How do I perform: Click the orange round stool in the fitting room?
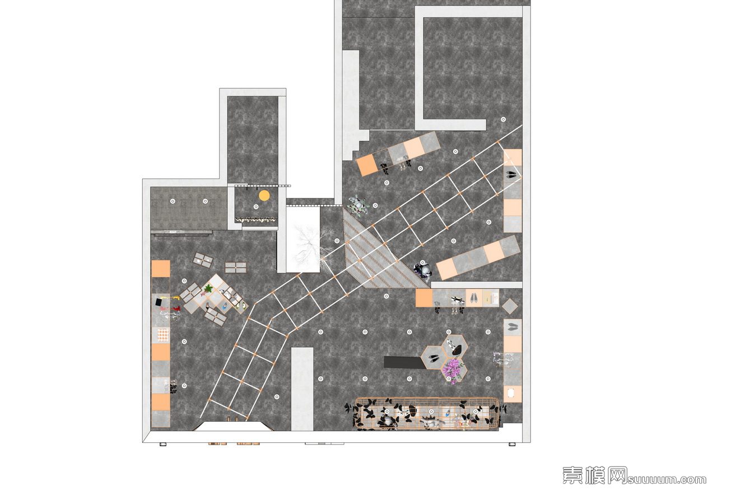264,196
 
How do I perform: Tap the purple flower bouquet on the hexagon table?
452,370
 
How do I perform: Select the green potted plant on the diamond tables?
208,289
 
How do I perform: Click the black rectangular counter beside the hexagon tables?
404,363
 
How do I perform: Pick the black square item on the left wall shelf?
160,302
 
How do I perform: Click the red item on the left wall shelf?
174,309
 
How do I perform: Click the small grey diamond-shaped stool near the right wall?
510,306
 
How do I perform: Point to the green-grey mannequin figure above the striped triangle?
358,206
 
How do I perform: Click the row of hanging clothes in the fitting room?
257,220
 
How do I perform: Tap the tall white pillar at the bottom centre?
302,389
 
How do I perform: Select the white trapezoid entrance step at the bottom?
234,427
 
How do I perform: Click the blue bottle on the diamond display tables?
225,307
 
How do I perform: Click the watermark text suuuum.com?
667,480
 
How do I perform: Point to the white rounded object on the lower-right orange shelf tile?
511,393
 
